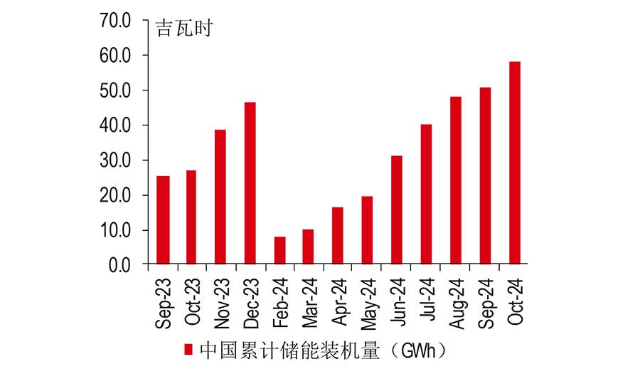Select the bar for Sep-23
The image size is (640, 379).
(163, 220)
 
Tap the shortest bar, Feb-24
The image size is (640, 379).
(279, 251)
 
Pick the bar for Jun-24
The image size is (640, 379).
(397, 210)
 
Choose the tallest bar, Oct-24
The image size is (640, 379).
(514, 163)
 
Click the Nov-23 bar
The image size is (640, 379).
(221, 197)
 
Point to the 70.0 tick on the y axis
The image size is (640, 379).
(116, 21)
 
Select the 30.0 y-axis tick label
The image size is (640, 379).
(116, 160)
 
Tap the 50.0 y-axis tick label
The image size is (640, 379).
(116, 90)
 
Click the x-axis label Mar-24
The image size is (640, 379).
(309, 300)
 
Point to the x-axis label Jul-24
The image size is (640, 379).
(427, 298)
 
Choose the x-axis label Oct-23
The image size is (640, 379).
(192, 300)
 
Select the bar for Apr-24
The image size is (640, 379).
(338, 236)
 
